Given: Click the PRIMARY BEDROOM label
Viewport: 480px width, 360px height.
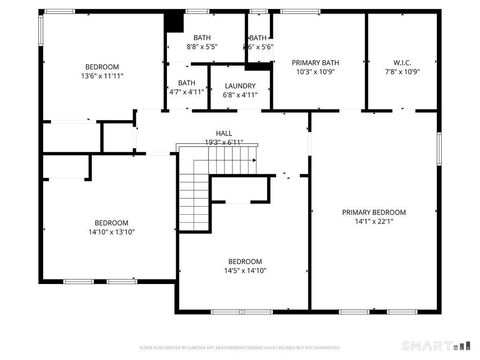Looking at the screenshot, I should pyautogui.click(x=373, y=212).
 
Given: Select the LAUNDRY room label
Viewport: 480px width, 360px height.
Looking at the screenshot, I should pyautogui.click(x=240, y=86).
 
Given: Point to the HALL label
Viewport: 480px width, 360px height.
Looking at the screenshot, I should pyautogui.click(x=225, y=133).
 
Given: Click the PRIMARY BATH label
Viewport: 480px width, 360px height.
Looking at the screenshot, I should pyautogui.click(x=316, y=62).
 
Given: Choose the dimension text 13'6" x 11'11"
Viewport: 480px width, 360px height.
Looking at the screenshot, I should pyautogui.click(x=101, y=76).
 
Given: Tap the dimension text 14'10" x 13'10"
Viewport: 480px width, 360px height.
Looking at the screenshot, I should pyautogui.click(x=111, y=232).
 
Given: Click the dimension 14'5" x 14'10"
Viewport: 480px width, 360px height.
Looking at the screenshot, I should pyautogui.click(x=245, y=270).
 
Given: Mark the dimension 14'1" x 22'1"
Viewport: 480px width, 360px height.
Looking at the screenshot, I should pyautogui.click(x=373, y=222).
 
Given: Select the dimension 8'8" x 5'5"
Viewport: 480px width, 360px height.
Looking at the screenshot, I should pyautogui.click(x=202, y=47).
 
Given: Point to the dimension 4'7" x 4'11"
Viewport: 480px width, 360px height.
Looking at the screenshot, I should pyautogui.click(x=187, y=92).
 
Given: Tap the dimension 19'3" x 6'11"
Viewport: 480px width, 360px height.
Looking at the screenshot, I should pyautogui.click(x=225, y=143).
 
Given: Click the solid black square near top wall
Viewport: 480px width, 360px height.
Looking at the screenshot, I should pyautogui.click(x=174, y=20).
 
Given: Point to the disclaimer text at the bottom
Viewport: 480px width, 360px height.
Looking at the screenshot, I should pyautogui.click(x=240, y=347).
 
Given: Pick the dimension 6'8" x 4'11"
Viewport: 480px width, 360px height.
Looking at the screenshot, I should pyautogui.click(x=240, y=96).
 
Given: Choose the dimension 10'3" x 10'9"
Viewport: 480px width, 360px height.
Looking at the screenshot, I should pyautogui.click(x=316, y=72).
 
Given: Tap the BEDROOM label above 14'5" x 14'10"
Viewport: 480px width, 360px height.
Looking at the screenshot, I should pyautogui.click(x=245, y=260).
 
